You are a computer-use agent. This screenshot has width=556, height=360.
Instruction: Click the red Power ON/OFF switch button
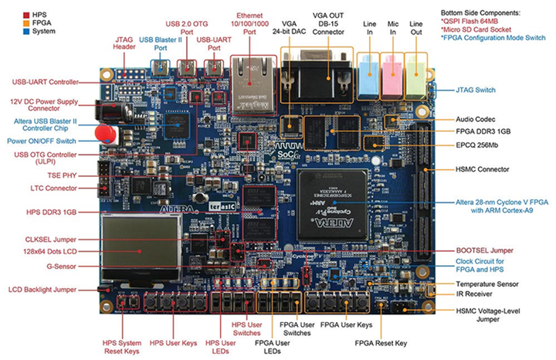pos(105,134)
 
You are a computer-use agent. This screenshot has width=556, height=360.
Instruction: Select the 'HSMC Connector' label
pos(486,169)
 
